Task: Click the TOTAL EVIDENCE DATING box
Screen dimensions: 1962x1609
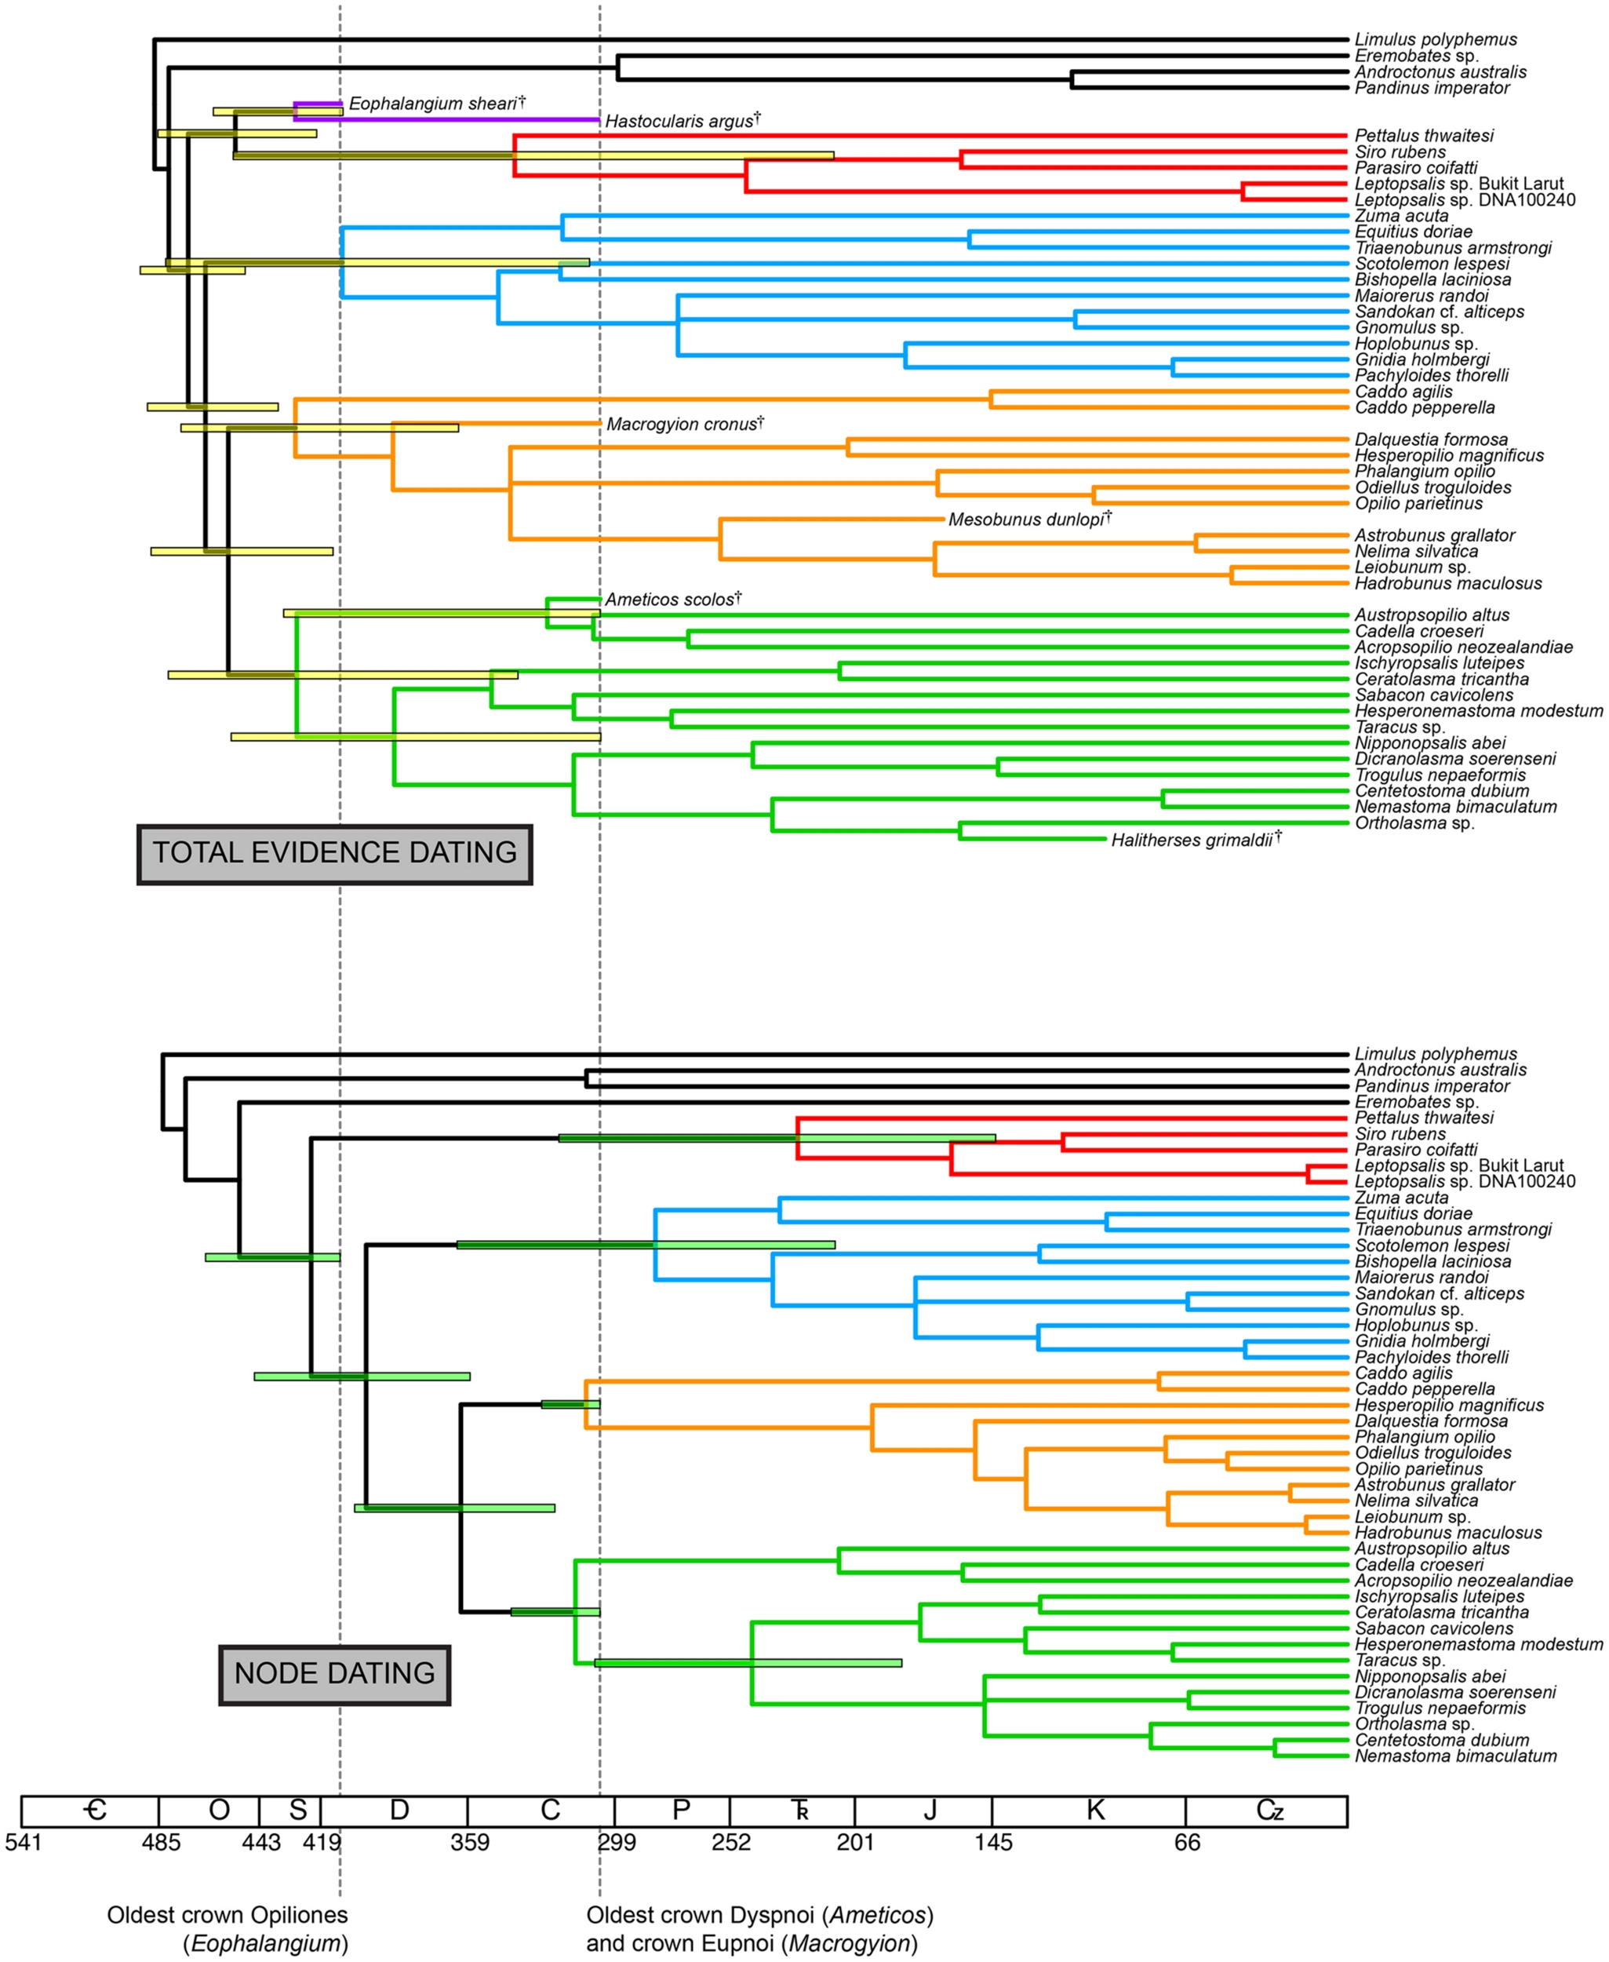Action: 335,853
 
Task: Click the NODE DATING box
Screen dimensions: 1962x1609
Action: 335,1674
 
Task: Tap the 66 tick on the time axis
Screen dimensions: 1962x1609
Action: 1187,1843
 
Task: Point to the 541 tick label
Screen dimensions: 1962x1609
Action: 24,1843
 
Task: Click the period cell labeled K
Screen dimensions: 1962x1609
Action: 1094,1811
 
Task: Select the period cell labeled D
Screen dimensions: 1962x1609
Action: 399,1811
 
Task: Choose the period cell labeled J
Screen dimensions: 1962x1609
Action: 930,1811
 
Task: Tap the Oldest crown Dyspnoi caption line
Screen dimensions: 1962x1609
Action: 759,1916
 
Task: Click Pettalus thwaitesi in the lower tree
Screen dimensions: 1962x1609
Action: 1424,1118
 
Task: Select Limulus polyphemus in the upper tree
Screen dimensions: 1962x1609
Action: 1436,40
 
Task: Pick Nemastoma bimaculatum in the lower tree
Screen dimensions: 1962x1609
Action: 1455,1756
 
